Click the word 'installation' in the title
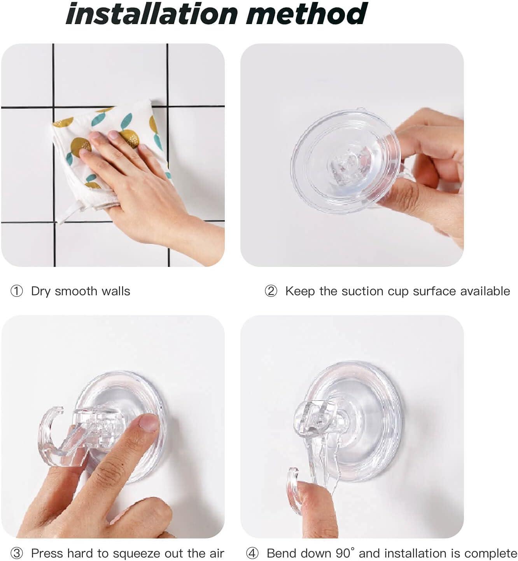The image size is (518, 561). (152, 14)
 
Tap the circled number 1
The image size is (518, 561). (17, 291)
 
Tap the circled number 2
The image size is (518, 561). (271, 291)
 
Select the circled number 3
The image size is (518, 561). (17, 553)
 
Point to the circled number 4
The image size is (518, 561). (252, 553)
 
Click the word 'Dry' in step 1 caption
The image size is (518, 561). (40, 291)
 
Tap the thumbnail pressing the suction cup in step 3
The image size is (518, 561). (148, 422)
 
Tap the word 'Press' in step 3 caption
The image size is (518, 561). (47, 553)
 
